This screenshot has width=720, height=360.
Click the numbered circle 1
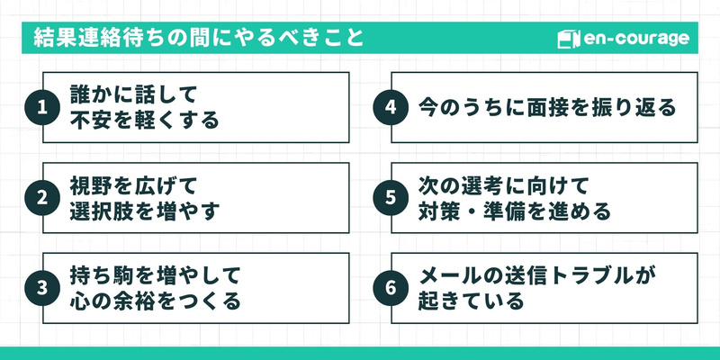(x=41, y=108)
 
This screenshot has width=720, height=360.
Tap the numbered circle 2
(x=41, y=198)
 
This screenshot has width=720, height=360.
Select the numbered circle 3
(x=41, y=288)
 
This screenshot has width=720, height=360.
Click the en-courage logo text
(x=635, y=39)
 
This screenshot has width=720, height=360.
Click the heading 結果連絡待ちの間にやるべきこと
(x=199, y=39)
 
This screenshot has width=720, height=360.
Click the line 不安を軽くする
(x=145, y=121)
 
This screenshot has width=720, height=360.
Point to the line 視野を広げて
(x=133, y=184)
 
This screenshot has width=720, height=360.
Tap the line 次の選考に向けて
(x=503, y=184)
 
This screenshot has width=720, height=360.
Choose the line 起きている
(x=471, y=301)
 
